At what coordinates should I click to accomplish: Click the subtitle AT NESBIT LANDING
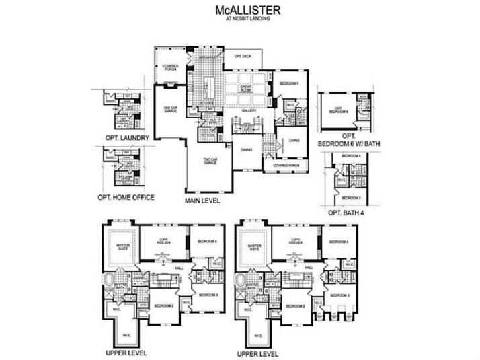click(x=239, y=20)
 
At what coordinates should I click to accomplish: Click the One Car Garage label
click(x=169, y=109)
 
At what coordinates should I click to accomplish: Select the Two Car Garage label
click(x=210, y=161)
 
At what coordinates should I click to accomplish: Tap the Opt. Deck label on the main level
click(x=243, y=57)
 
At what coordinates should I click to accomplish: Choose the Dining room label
click(x=246, y=149)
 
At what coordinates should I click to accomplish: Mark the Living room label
click(x=294, y=141)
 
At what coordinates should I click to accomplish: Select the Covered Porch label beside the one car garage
click(x=170, y=67)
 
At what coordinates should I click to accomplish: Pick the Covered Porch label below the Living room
click(x=281, y=164)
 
